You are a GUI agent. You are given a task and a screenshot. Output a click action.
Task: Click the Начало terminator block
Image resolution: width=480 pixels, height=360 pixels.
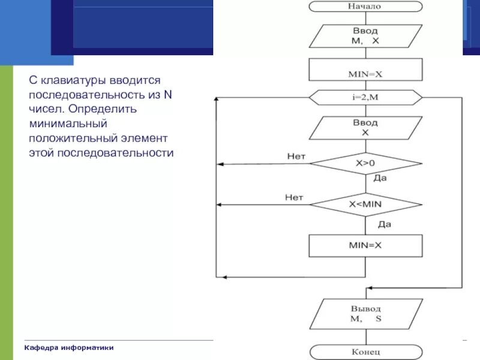click(365, 7)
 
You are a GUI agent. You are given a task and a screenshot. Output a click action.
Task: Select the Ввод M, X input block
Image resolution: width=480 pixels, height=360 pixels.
click(365, 36)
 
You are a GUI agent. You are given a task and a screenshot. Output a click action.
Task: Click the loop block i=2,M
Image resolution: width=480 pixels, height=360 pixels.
click(365, 97)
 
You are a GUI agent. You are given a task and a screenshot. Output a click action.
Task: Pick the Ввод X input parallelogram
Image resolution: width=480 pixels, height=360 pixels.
click(365, 128)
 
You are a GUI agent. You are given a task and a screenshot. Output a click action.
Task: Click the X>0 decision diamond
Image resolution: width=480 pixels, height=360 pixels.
click(365, 163)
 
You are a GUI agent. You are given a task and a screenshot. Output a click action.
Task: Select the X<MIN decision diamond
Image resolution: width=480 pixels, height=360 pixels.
click(365, 204)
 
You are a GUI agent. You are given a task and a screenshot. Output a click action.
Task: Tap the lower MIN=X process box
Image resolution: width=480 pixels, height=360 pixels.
click(365, 245)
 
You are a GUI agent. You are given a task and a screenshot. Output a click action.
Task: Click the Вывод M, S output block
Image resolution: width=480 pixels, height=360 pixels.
click(365, 314)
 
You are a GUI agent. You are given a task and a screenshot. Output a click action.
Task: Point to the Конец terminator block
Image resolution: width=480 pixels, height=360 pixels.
click(365, 352)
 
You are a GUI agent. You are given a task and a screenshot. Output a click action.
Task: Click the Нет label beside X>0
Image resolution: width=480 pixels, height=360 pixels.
click(296, 157)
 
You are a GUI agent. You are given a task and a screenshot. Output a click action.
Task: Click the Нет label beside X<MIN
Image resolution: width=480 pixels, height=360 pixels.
click(294, 197)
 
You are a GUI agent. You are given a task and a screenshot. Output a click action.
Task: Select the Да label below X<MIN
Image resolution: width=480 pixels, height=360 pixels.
click(385, 225)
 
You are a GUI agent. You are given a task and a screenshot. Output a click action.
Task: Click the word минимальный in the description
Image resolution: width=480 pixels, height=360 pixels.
click(68, 124)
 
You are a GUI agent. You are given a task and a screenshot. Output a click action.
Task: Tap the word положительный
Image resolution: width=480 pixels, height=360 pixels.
click(70, 138)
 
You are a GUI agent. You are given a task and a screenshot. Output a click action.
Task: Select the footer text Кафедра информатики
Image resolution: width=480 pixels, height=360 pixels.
click(68, 348)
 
